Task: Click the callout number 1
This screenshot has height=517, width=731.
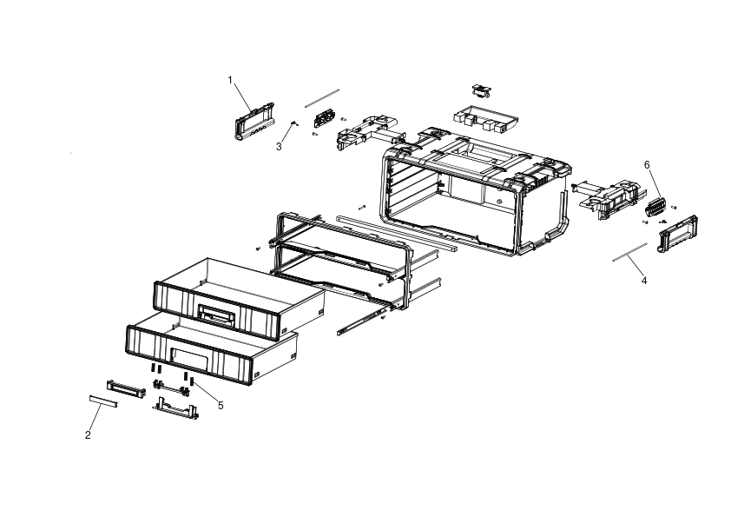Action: pos(230,80)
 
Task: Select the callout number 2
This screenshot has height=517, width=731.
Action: pos(88,435)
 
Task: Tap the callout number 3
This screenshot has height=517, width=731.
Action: pos(279,147)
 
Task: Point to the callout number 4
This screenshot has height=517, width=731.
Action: pos(644,281)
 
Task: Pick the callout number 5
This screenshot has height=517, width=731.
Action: pos(221,406)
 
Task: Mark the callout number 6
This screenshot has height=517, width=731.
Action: pos(647,165)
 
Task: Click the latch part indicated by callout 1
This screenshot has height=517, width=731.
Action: pos(254,122)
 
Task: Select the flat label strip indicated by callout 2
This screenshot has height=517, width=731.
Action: pos(103,401)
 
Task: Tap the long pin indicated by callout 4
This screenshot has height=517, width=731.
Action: pos(629,252)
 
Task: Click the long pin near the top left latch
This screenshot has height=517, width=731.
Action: pos(322,98)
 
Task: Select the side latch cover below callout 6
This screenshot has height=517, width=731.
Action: pos(678,234)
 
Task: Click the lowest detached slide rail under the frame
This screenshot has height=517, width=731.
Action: pos(363,320)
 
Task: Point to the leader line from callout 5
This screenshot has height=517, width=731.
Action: pos(206,392)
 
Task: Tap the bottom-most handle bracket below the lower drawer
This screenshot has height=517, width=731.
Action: pos(175,408)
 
